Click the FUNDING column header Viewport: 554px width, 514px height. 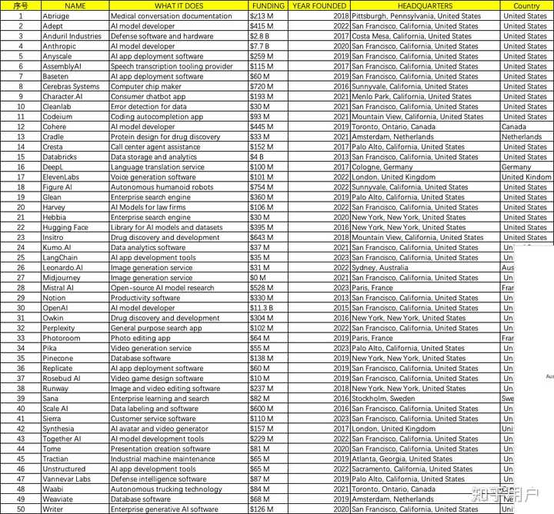[268, 5]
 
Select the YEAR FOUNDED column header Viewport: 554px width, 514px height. [319, 5]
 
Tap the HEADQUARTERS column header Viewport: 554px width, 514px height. [425, 5]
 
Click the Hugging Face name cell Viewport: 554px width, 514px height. [65, 228]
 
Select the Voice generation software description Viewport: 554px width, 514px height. [153, 177]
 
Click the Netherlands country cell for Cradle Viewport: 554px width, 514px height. [522, 137]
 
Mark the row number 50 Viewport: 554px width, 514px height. [20, 509]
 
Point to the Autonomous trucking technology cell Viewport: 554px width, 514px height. [166, 489]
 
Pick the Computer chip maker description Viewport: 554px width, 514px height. [146, 87]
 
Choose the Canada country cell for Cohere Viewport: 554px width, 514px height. [514, 127]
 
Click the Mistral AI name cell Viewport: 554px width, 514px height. [58, 288]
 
